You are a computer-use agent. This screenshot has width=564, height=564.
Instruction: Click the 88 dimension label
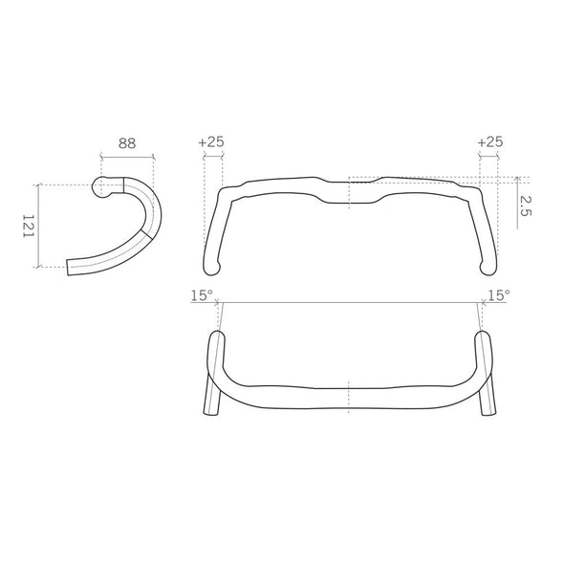[127, 143]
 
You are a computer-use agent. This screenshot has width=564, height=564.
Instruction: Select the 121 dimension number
[28, 226]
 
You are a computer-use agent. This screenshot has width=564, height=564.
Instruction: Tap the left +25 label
[211, 141]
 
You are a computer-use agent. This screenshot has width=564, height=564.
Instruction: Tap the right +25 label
[490, 141]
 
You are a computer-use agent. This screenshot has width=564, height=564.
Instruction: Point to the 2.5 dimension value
[525, 206]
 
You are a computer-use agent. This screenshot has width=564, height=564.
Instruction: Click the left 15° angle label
[202, 295]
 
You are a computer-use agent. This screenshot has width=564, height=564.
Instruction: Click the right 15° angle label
[499, 295]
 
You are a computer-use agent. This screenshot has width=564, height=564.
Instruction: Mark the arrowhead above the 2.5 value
[517, 178]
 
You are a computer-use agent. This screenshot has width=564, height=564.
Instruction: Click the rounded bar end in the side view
[99, 187]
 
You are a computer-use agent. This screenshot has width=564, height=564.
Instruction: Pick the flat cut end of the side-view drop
[68, 268]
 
